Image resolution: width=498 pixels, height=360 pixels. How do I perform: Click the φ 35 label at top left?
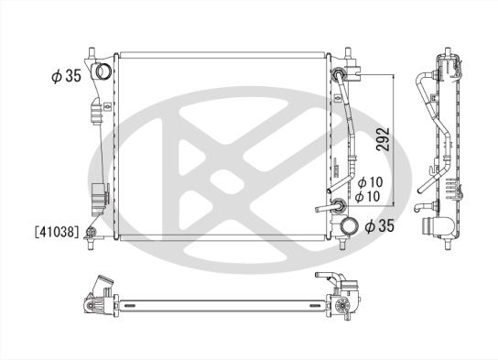(67, 76)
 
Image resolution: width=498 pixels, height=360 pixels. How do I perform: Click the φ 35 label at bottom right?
(380, 226)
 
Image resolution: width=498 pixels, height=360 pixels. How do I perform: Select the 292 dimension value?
(383, 139)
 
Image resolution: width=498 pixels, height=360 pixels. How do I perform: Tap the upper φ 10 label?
(371, 182)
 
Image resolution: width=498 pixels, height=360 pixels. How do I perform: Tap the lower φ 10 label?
(367, 196)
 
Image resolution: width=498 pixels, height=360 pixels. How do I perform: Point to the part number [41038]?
(57, 232)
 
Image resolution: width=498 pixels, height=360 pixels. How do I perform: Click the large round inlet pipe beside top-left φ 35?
(103, 71)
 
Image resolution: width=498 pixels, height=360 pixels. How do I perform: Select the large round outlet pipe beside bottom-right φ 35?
(349, 225)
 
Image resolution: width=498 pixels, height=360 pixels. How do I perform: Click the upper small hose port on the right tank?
(337, 74)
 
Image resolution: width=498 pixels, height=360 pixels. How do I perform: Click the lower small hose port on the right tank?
(338, 205)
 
